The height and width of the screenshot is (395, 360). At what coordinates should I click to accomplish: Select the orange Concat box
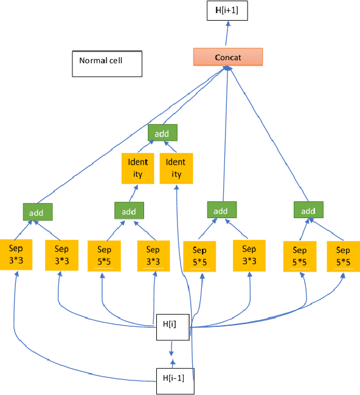227,57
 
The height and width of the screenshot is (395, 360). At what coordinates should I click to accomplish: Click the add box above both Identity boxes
162,132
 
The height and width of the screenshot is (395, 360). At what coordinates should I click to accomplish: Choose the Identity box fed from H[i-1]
176,168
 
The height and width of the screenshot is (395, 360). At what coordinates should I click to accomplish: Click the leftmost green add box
37,211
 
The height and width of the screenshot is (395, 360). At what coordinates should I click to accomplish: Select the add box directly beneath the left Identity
129,211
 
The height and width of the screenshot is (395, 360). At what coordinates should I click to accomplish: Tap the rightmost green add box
309,210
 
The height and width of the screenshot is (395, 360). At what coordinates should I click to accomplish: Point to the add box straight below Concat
220,210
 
